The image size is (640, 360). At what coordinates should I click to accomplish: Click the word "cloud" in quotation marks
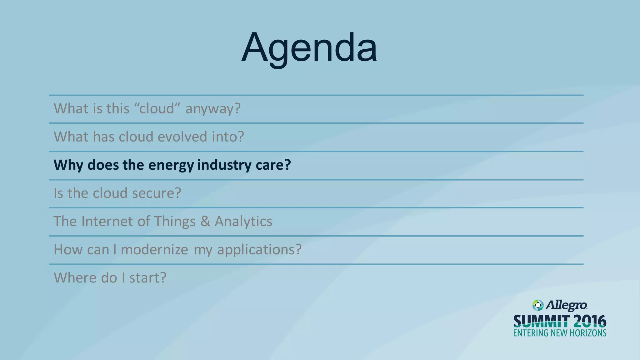point(157,109)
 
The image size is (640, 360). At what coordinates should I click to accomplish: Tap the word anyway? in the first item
point(213,109)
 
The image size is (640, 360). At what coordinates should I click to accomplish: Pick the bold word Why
point(68,165)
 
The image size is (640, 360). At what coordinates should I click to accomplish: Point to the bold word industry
point(224,165)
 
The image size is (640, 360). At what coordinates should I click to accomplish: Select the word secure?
point(157,193)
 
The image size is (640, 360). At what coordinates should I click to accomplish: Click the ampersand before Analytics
point(205,221)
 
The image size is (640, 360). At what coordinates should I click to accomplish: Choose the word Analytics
point(243,221)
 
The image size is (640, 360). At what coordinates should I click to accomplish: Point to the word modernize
point(154,249)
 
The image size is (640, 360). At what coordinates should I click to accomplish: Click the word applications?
point(259,249)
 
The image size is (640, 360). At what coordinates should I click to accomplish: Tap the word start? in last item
point(148,277)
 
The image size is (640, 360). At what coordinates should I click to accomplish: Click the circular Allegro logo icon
point(538,305)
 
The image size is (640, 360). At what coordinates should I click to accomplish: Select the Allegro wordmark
point(567,305)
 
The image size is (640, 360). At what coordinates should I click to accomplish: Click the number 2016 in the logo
point(590,321)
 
